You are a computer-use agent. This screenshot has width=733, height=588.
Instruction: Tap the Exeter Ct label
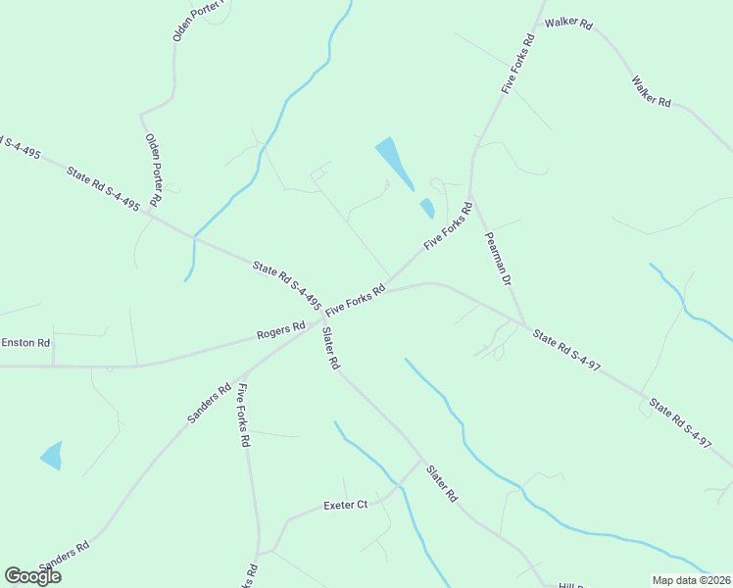tap(345, 506)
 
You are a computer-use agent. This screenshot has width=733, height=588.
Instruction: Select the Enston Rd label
tap(25, 343)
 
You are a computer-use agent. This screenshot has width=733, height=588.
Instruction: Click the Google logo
tap(32, 575)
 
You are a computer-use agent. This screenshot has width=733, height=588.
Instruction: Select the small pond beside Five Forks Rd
tap(427, 208)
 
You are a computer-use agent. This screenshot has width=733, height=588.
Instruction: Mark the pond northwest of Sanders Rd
tap(51, 456)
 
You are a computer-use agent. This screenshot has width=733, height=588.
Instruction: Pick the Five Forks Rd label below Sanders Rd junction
tap(243, 416)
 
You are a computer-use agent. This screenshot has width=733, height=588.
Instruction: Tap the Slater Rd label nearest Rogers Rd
tap(330, 348)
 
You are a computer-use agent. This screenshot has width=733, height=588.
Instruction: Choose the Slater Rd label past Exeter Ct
tap(442, 484)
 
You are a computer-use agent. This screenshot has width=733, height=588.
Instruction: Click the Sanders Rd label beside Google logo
tap(65, 557)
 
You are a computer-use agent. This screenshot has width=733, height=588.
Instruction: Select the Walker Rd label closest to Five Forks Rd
tap(569, 22)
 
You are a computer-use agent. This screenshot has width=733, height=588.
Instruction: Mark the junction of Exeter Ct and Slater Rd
tap(421, 460)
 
